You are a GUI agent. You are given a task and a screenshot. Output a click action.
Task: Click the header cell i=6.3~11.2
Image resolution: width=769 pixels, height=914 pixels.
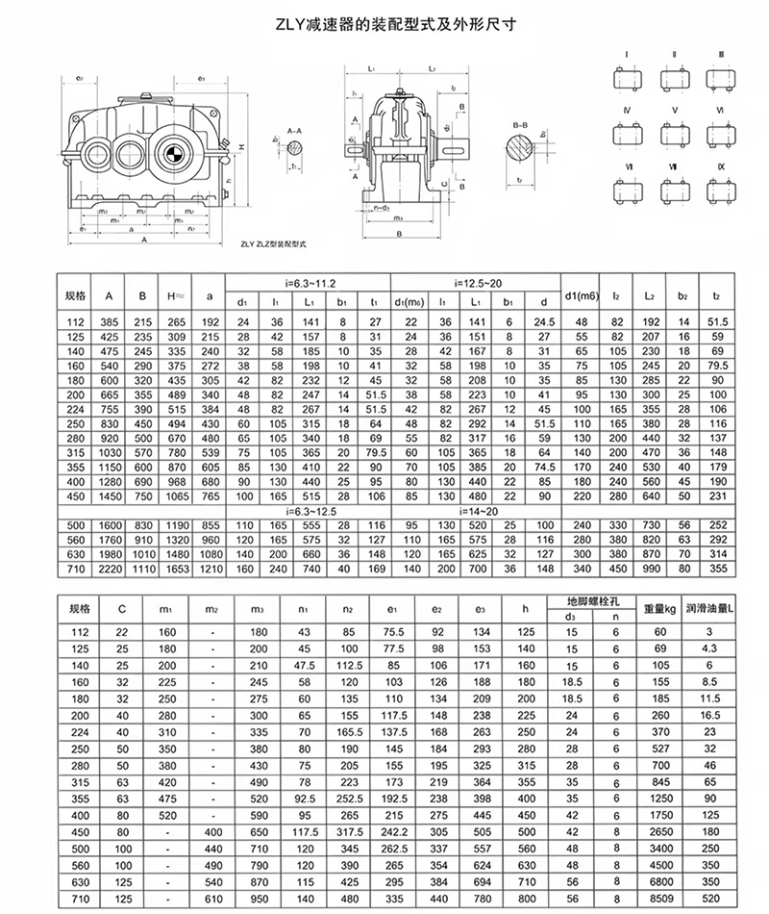(307, 282)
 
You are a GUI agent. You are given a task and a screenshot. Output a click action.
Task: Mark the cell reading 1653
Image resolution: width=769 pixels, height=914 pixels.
(176, 570)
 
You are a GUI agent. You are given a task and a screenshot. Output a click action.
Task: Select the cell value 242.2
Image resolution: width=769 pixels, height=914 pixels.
(392, 830)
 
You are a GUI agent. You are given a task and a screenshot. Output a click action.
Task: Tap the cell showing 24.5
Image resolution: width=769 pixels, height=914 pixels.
(544, 319)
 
